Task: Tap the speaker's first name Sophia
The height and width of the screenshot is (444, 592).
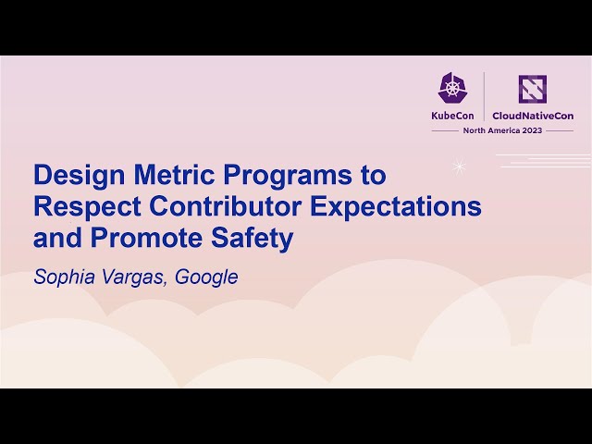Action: pos(63,277)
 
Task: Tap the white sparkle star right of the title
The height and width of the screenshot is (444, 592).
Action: pos(458,166)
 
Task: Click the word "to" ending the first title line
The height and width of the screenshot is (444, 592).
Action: pos(373,176)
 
